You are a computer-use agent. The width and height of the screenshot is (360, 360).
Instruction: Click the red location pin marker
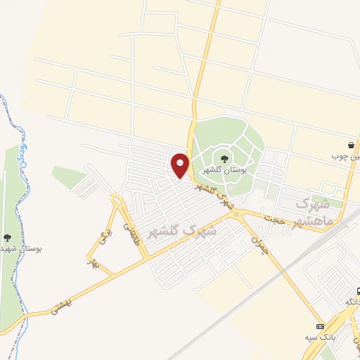(181, 166)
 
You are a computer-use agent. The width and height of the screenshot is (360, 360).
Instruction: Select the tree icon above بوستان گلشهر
(224, 159)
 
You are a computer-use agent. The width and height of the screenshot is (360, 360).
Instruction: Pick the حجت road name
(275, 219)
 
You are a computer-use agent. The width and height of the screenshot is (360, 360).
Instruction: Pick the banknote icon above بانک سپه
(321, 326)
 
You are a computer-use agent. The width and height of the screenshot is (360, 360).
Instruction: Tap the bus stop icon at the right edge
(356, 290)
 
